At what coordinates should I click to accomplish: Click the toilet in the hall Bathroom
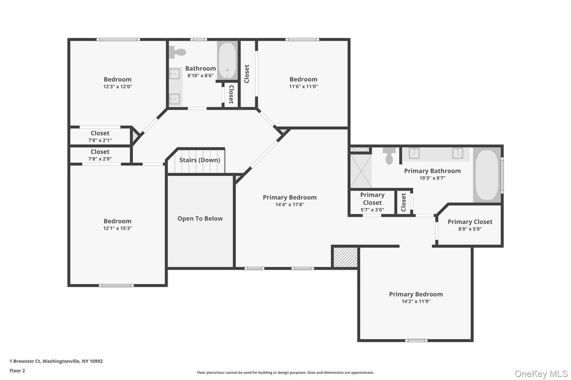point(178,52)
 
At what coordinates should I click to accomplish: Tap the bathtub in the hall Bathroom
point(227,60)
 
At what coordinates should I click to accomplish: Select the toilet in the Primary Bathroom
point(389,156)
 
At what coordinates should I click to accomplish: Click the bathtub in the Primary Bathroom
point(487,175)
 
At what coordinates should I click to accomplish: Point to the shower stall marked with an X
point(361,171)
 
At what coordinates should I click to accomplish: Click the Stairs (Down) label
point(200,160)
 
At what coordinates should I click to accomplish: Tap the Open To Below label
point(200,219)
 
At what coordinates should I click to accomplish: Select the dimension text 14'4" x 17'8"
point(290,204)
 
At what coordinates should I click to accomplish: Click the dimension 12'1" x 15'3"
point(117,228)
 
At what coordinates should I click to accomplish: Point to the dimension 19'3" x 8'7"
point(433,178)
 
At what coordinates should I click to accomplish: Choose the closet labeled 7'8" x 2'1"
point(100,136)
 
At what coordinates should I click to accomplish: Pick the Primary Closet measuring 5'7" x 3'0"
point(372,202)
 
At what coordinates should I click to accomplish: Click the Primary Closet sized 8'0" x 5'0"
point(470,225)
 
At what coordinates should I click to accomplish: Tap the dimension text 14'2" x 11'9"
point(416,302)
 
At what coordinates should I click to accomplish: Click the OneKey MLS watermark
point(541,374)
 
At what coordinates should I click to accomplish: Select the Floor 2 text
point(18,371)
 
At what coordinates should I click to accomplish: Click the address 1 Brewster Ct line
point(56,361)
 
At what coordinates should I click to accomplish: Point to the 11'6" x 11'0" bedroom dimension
point(303,86)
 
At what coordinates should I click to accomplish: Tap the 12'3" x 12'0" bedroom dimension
point(117,86)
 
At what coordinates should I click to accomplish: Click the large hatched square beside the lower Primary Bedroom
point(346,257)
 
